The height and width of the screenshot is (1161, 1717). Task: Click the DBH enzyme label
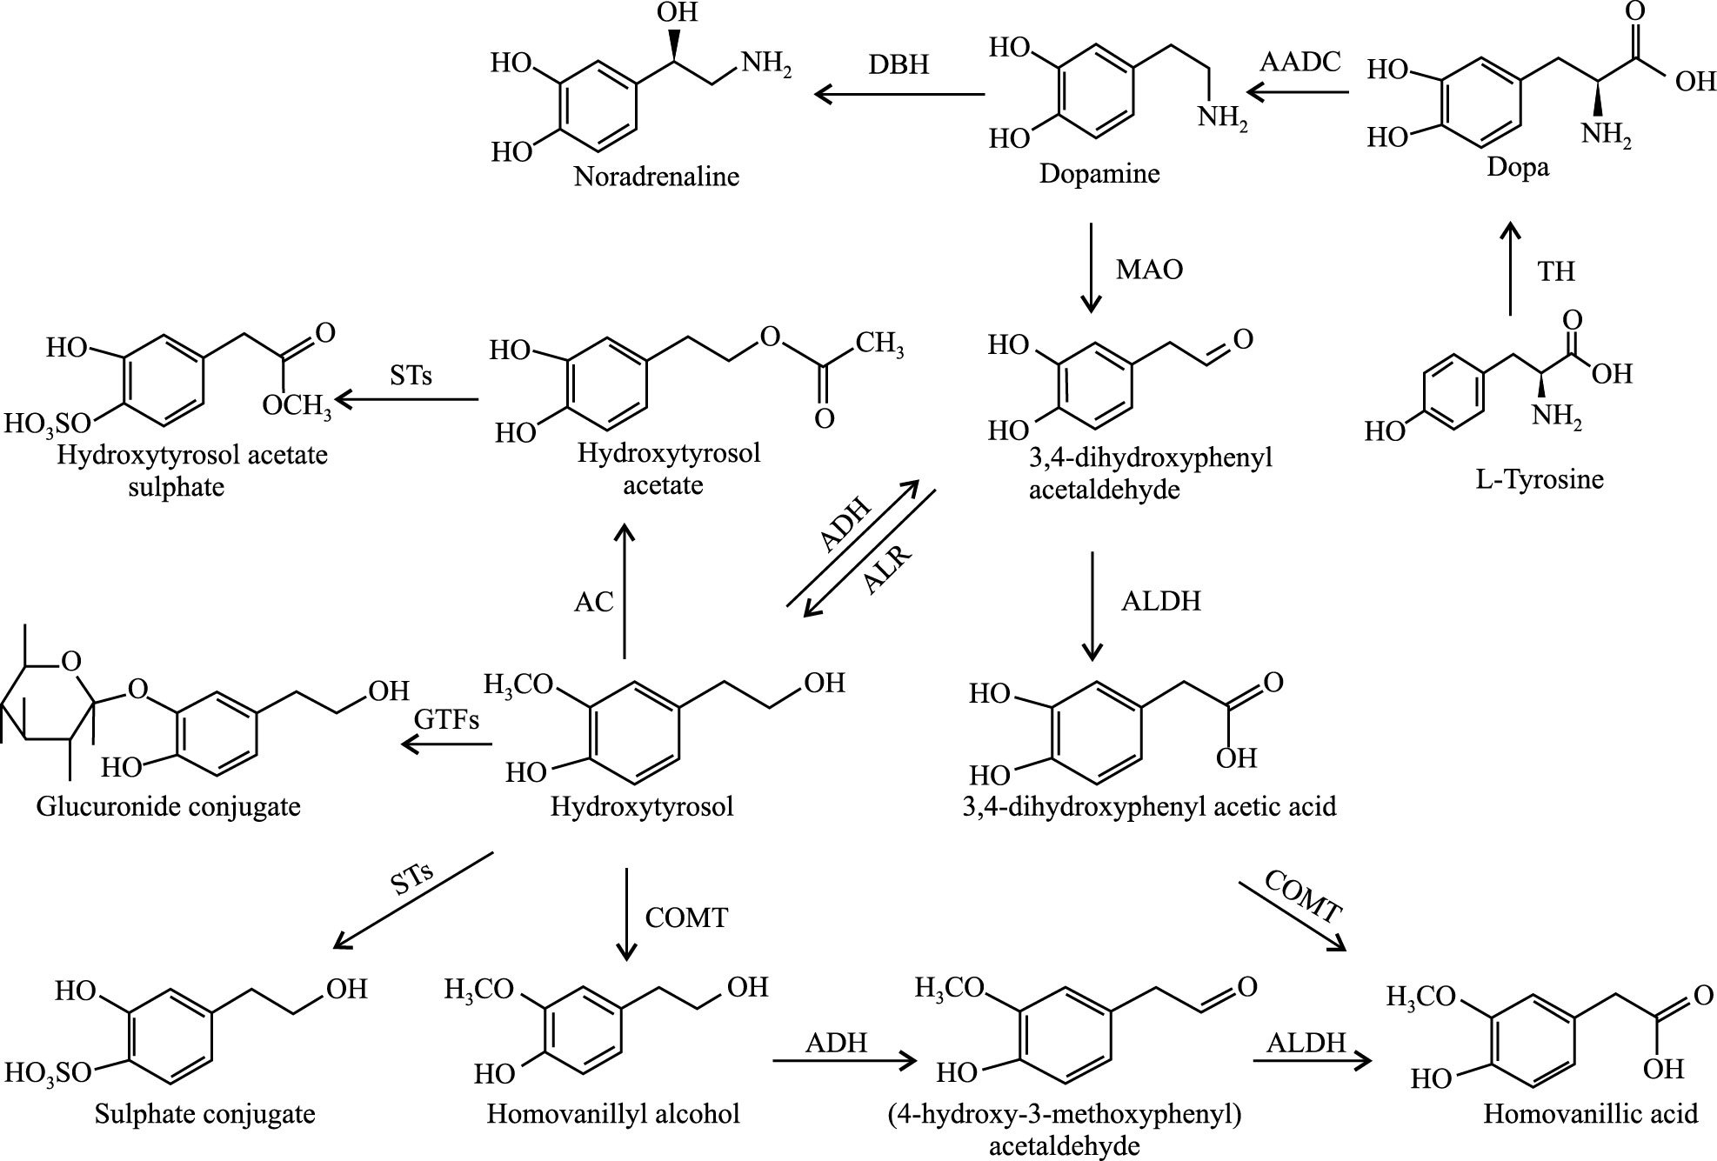(899, 63)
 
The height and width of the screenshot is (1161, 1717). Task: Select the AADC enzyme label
(1301, 62)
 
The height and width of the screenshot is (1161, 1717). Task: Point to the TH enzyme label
(1556, 271)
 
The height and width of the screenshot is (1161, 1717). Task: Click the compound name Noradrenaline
(657, 177)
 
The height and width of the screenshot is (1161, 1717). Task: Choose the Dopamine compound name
(1099, 174)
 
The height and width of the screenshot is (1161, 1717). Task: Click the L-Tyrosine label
(1540, 478)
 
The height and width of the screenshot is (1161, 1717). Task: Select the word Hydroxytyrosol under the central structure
(642, 806)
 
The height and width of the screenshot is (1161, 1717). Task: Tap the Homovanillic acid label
(1591, 1114)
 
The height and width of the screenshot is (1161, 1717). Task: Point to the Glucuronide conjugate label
(169, 806)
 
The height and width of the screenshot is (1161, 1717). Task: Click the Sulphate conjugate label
(205, 1114)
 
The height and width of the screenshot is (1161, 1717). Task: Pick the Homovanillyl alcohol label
(613, 1114)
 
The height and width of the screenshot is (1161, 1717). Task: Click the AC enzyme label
(594, 602)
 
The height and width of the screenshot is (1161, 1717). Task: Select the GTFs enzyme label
(447, 720)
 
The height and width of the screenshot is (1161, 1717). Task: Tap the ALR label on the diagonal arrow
(887, 569)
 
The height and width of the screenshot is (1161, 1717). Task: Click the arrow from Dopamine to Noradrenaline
(899, 94)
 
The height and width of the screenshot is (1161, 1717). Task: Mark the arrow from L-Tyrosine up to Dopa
(1510, 268)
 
